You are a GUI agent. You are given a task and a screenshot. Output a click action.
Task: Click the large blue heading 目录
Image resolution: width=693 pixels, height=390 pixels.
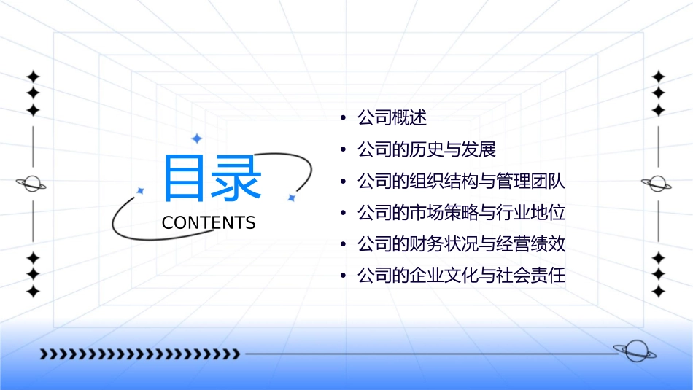212,179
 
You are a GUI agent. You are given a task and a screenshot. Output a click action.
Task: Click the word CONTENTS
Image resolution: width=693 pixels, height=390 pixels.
209,223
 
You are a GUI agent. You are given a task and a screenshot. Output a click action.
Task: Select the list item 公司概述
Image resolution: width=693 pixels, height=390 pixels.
392,117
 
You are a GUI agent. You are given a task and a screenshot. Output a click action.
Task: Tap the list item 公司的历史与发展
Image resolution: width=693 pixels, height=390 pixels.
427,150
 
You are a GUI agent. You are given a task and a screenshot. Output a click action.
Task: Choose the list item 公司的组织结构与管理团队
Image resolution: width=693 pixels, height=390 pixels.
461,182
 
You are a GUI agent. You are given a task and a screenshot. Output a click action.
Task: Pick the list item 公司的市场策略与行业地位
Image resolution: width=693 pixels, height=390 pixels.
461,214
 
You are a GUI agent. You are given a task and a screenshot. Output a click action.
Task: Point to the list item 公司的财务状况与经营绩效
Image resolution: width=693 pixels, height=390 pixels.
461,245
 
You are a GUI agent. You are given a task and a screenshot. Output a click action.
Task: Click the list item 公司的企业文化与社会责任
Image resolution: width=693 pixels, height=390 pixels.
461,277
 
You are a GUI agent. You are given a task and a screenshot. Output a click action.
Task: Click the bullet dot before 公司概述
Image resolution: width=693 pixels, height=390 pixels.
343,118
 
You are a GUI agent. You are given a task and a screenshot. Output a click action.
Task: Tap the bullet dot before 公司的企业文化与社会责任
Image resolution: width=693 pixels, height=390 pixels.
343,277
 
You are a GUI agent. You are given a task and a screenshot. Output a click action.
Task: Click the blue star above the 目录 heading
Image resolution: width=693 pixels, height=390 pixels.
195,138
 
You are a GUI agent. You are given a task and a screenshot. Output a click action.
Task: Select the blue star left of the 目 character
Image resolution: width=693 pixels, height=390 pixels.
141,190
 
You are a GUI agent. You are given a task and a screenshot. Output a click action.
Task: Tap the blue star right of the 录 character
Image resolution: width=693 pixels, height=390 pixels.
291,197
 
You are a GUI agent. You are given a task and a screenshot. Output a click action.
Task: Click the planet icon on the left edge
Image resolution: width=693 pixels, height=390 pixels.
32,184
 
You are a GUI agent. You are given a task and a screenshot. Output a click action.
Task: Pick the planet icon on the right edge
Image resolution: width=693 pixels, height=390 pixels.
658,184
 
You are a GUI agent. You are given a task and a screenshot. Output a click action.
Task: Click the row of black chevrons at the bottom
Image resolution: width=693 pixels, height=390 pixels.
139,354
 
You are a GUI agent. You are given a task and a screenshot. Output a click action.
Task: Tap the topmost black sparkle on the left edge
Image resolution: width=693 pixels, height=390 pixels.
33,77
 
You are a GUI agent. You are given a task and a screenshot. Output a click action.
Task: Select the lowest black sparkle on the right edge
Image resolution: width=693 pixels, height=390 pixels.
659,292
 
